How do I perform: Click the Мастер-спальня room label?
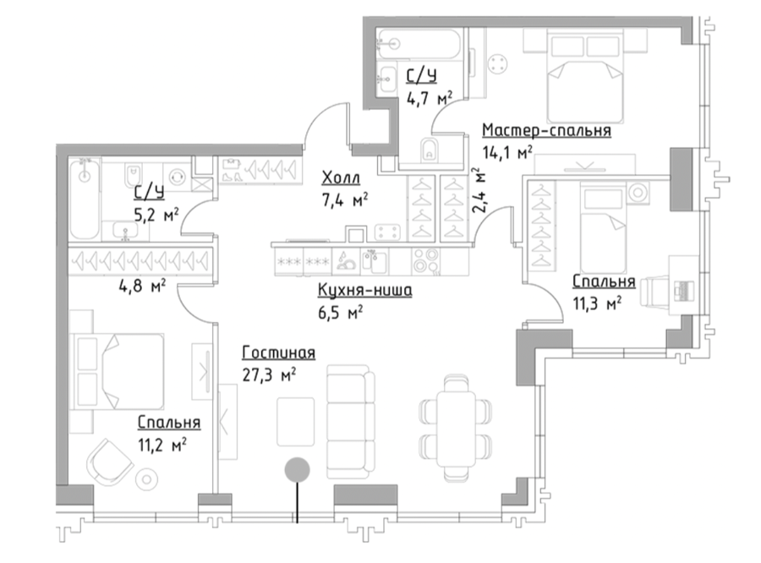click(x=546, y=130)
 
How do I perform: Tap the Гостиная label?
click(x=278, y=353)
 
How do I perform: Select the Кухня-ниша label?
click(x=365, y=290)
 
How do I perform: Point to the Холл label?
click(x=341, y=178)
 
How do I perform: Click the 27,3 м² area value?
click(x=269, y=375)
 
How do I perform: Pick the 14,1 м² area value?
click(x=507, y=152)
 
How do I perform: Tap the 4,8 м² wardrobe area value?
click(x=142, y=286)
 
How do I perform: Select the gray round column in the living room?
click(x=297, y=470)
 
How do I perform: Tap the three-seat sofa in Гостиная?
click(x=350, y=423)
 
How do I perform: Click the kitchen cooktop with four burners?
click(x=425, y=262)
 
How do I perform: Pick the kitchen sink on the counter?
click(x=375, y=261)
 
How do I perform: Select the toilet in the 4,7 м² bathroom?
click(x=429, y=150)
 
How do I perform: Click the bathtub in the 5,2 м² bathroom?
click(x=85, y=199)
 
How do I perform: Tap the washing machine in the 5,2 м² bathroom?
click(x=176, y=176)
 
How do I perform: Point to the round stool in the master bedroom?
click(x=498, y=63)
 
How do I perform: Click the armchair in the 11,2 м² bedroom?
click(x=110, y=462)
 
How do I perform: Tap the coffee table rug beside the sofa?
click(x=296, y=422)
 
